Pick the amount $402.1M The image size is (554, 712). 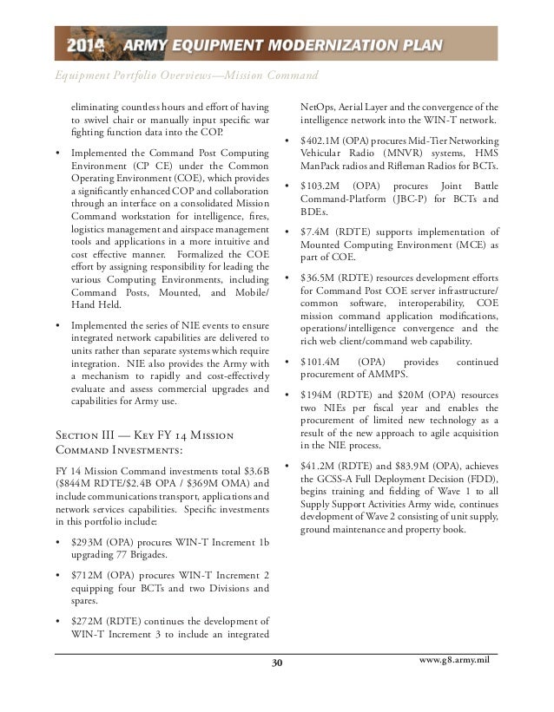[x=325, y=141]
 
